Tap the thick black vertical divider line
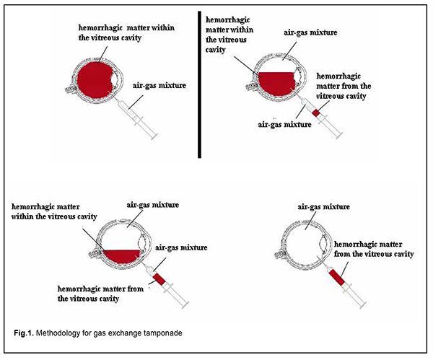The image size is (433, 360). coord(199,83)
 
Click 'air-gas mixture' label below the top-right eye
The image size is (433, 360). coord(284,124)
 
